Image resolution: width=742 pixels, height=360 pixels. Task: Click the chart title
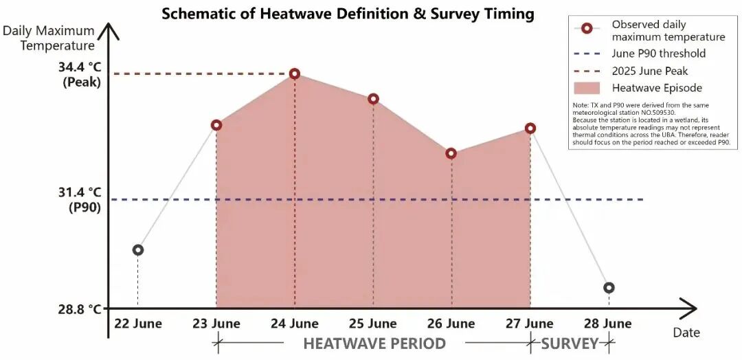tap(348, 14)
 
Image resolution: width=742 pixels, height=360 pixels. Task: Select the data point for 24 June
tap(295, 74)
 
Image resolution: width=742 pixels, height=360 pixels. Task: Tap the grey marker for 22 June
tap(137, 250)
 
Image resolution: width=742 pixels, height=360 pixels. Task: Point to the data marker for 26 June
tap(451, 153)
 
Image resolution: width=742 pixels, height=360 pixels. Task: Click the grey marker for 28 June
tap(609, 288)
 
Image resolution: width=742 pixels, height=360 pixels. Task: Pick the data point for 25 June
tap(373, 99)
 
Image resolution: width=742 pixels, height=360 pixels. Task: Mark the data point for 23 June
tap(216, 125)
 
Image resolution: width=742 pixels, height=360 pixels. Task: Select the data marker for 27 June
tap(530, 128)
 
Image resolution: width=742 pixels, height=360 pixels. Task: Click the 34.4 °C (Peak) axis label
tap(80, 74)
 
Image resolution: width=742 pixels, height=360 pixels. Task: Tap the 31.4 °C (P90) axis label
tap(80, 200)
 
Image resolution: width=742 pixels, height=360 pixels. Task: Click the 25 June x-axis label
tap(373, 324)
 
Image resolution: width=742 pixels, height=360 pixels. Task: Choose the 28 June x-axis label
tap(607, 324)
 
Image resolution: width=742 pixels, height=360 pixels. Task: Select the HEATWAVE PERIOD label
tap(374, 344)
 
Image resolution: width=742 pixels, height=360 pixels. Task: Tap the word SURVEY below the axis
tap(570, 344)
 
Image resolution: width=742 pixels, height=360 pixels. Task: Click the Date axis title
tap(686, 333)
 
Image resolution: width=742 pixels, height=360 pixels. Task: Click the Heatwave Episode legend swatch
tap(587, 88)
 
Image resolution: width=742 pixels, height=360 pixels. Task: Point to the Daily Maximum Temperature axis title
tap(49, 38)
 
